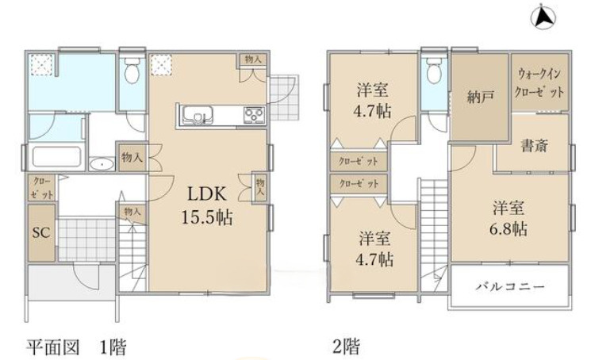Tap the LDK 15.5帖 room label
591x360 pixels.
coord(209,205)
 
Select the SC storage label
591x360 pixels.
coord(40,233)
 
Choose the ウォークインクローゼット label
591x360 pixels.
coord(541,83)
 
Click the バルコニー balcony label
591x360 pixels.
coord(509,285)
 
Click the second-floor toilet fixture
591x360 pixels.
coord(433,73)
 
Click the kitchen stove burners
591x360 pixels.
coord(253,116)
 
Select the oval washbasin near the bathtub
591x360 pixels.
coord(102,165)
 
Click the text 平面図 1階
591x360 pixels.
coord(76,347)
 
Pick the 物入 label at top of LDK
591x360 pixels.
coord(253,60)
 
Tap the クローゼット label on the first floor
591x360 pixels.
coord(42,188)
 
